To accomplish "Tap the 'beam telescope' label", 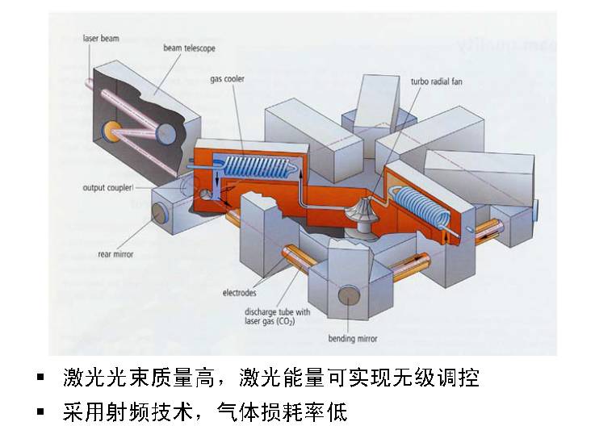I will coord(189,48).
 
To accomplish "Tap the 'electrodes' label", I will coord(241,292).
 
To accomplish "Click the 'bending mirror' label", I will coord(353,339).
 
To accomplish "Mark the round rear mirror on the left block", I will coord(160,212).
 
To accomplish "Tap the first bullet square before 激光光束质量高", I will coord(40,378).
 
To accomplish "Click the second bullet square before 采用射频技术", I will coord(40,412).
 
